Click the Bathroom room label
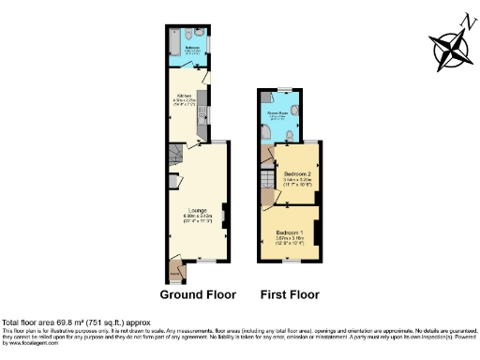click(x=191, y=46)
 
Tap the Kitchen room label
click(x=185, y=96)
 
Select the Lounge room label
click(x=197, y=209)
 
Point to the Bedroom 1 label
click(x=289, y=232)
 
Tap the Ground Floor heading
click(x=196, y=294)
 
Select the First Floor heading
click(x=290, y=294)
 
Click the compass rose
click(x=450, y=46)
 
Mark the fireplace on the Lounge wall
click(x=223, y=210)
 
